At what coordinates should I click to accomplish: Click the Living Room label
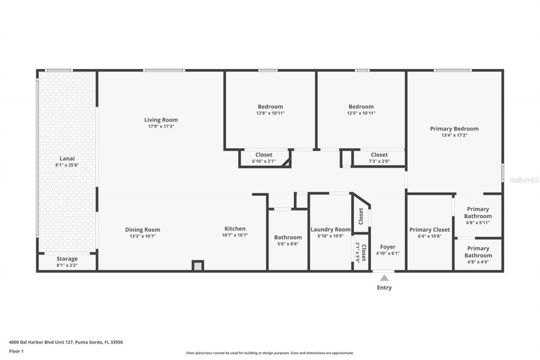pos(161,120)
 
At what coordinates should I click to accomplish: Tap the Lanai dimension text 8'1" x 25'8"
pos(67,165)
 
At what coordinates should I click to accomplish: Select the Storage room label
pos(67,259)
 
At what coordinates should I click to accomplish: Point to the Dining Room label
pos(143,230)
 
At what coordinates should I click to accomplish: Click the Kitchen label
pos(235,229)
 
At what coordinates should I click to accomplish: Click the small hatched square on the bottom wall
pos(198,266)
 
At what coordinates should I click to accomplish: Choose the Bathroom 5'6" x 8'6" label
pos(288,237)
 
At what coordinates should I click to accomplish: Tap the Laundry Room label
pos(330,230)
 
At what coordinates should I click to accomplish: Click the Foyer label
pos(388,247)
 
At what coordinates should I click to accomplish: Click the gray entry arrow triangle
pos(384,278)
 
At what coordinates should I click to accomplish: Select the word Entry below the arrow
pos(384,288)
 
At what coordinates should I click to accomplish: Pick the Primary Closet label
pos(429,230)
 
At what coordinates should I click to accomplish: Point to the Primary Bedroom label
pos(454,129)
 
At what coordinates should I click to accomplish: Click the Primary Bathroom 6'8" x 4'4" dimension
pos(478,262)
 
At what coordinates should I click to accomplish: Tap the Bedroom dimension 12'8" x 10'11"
pos(270,113)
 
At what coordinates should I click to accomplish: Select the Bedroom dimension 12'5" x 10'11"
pos(361,113)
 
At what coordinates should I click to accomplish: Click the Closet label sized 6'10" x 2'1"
pos(264,155)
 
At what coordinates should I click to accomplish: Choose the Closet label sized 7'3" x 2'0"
pos(379,155)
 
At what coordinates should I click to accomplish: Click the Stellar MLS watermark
pos(524,180)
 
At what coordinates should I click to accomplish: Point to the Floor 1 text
pos(16,351)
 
